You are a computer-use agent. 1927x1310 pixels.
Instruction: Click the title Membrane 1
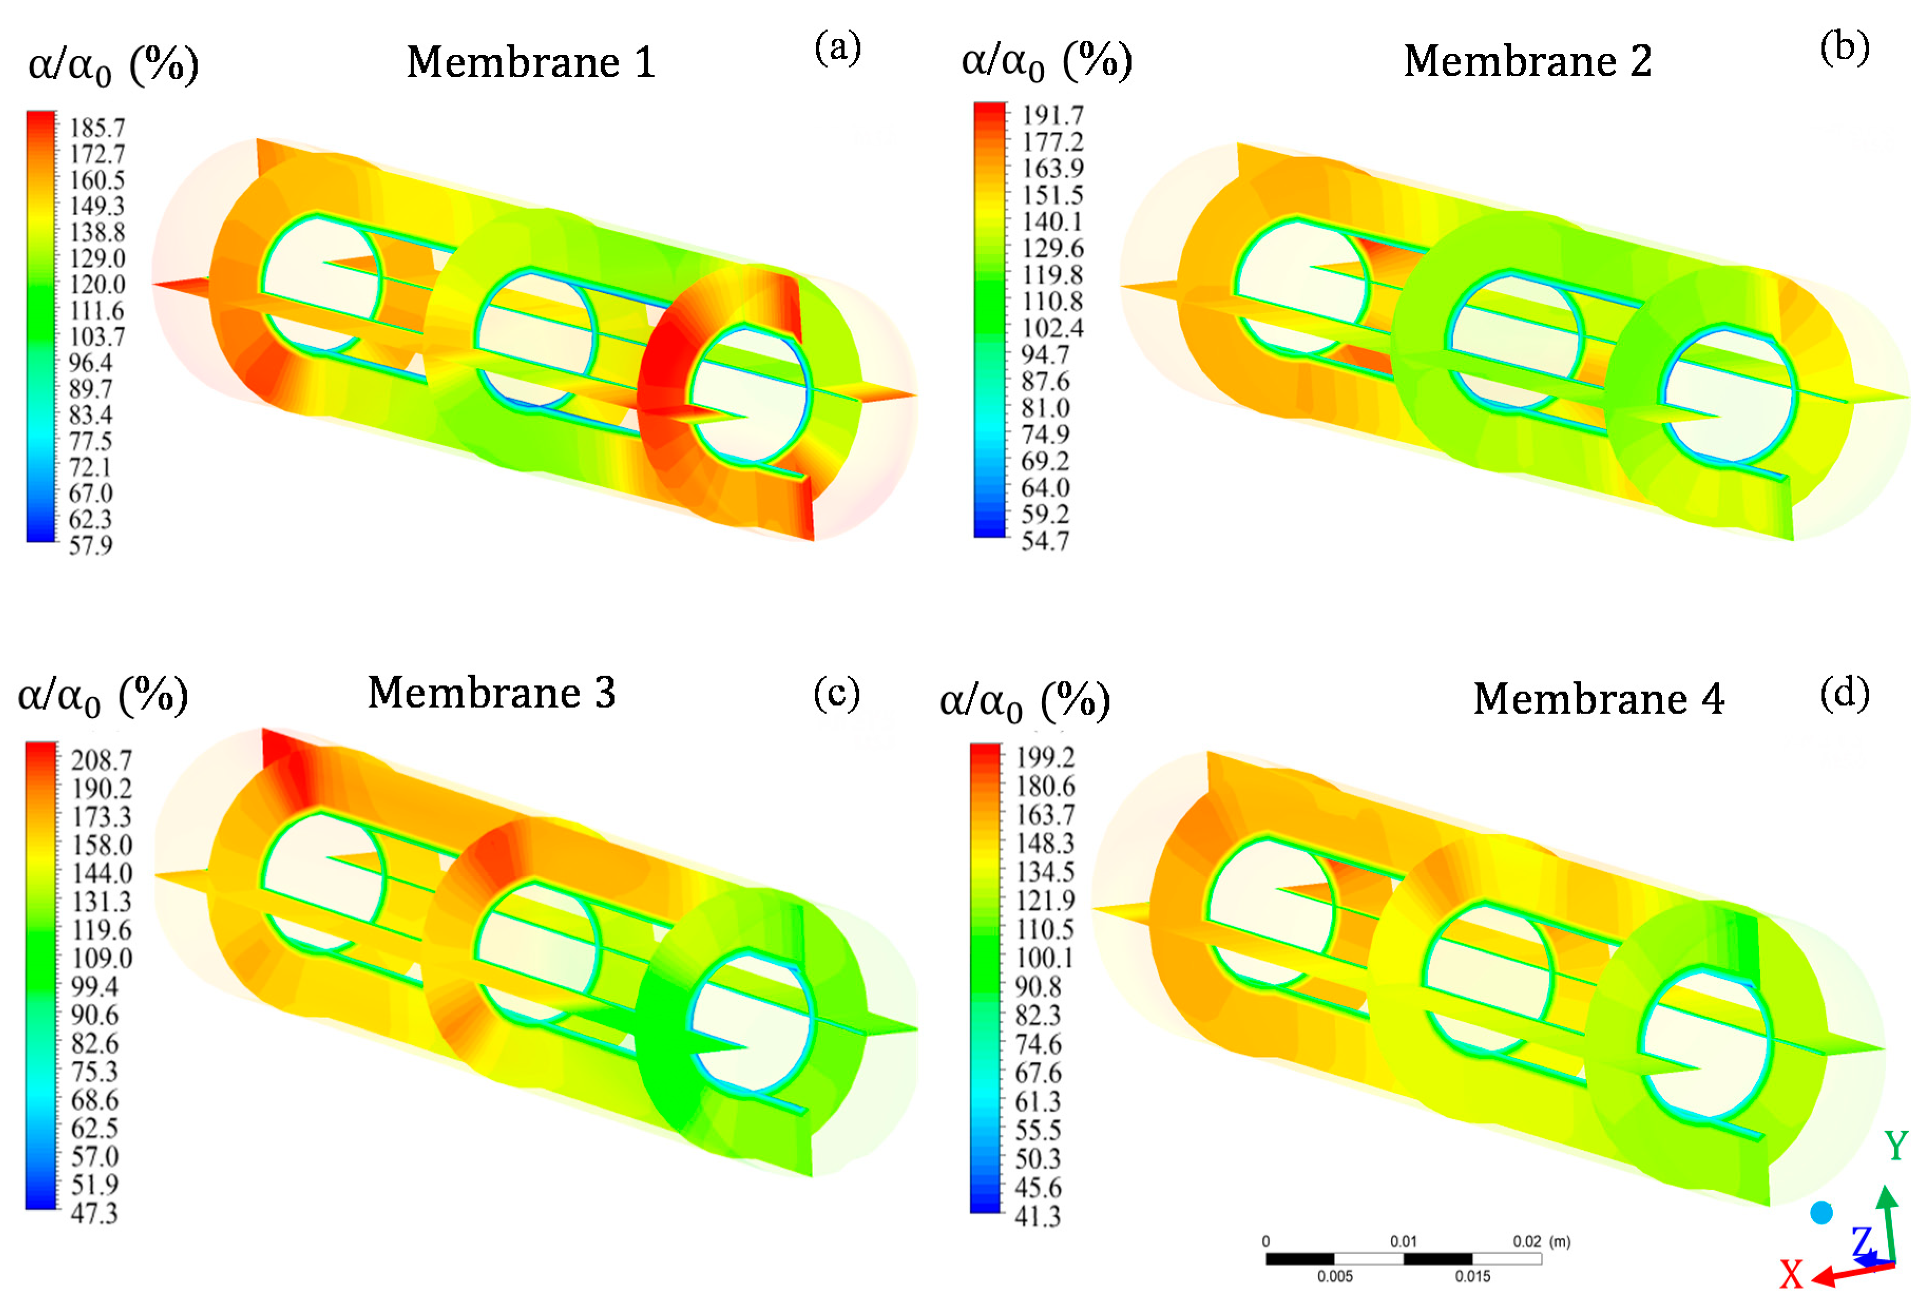click(531, 62)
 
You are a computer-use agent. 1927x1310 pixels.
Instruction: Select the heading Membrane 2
click(1527, 61)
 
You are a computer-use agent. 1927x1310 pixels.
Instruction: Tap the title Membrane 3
click(492, 692)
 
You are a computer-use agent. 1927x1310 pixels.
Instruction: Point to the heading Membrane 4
click(1598, 699)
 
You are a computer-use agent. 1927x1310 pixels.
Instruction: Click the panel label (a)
click(838, 47)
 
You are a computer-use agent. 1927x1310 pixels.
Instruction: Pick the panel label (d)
click(1844, 692)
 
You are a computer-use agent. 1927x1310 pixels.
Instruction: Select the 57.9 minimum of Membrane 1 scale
click(90, 545)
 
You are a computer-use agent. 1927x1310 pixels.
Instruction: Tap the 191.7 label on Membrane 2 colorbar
click(1051, 115)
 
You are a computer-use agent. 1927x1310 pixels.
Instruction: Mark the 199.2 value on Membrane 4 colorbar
click(1045, 757)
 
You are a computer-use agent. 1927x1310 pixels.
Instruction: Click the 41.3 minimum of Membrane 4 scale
click(1037, 1216)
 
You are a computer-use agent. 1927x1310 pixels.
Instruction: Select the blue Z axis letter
click(1862, 1242)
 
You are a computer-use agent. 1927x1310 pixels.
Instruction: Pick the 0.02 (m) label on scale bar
click(1541, 1241)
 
